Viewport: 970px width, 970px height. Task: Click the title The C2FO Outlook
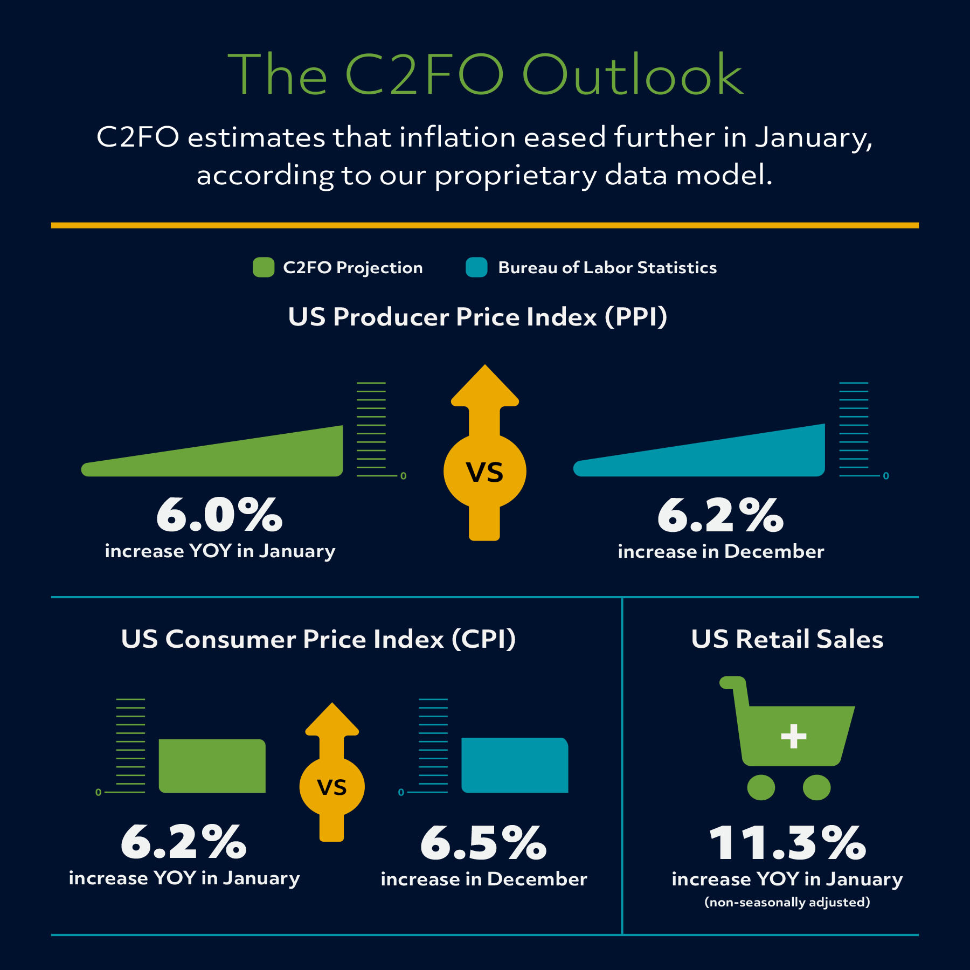pos(485,75)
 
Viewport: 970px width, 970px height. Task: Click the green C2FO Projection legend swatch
pos(264,267)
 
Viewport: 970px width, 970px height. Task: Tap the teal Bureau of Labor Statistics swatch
pos(476,267)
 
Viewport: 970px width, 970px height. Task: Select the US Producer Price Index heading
pos(477,317)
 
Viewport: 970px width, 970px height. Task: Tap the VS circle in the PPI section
pos(484,472)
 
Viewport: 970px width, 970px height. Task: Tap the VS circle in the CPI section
pos(332,787)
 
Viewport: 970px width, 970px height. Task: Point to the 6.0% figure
pos(219,515)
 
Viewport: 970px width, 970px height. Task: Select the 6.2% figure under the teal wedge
pos(720,516)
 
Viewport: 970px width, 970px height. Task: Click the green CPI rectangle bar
pos(212,766)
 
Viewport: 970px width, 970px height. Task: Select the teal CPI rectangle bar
pos(515,765)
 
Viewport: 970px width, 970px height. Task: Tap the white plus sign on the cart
pos(794,736)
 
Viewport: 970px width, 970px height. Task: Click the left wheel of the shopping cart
pos(761,787)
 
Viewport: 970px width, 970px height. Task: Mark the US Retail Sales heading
pos(787,639)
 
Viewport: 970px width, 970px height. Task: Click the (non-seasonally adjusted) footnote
pos(787,902)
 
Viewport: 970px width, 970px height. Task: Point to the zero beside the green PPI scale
pos(403,476)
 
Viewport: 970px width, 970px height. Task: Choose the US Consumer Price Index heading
pos(318,639)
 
